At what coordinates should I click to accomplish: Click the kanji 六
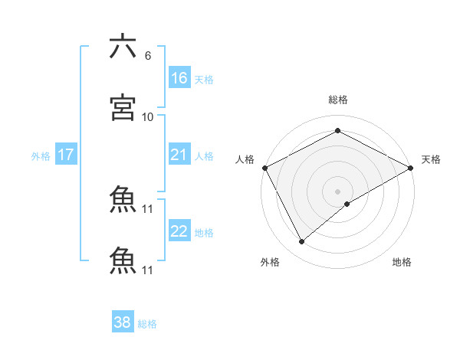coord(123,47)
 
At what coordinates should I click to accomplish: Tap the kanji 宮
coord(123,107)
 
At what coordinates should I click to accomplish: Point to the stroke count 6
coord(148,56)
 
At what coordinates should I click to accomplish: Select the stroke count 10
coord(148,116)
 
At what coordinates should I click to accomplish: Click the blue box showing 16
coord(179,77)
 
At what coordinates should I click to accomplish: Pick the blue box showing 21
coord(179,155)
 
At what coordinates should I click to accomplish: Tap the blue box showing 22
coord(179,231)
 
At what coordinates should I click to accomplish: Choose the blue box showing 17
coord(66,155)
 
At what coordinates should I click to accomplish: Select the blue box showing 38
coord(123,322)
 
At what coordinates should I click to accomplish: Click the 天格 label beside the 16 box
coord(204,79)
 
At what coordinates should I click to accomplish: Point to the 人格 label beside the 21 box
coord(204,156)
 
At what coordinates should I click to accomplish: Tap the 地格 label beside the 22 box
coord(204,233)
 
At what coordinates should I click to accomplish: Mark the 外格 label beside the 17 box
coord(41,156)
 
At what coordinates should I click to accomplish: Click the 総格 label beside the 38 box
coord(147,324)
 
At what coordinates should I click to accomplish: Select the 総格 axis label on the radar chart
coord(337,100)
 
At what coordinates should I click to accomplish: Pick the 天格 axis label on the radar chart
coord(431,159)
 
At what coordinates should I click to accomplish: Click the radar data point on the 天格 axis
coord(410,167)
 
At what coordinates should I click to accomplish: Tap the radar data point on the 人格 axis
coord(264,167)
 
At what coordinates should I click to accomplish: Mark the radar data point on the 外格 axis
coord(301,242)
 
